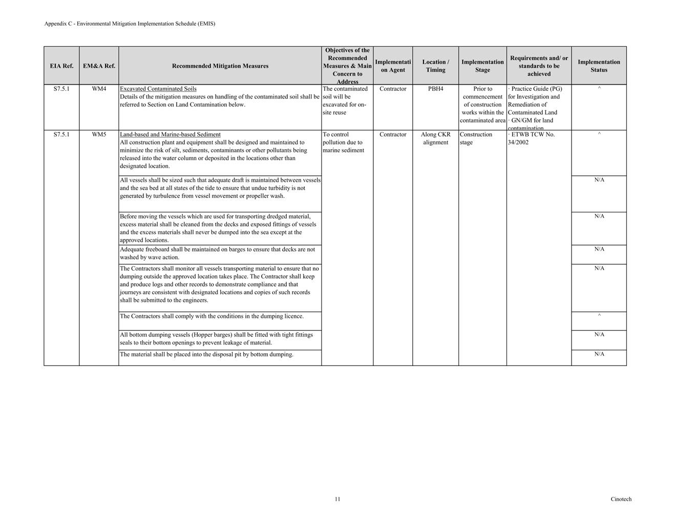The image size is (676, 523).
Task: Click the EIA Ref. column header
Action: click(x=61, y=66)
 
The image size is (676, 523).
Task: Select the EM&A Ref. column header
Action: click(x=99, y=66)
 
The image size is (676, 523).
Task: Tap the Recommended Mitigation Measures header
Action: click(x=220, y=66)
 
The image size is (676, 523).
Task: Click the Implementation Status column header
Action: click(x=599, y=66)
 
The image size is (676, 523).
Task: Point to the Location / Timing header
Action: click(x=436, y=66)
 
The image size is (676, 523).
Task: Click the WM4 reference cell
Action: click(x=99, y=89)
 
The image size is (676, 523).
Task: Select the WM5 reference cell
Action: click(x=99, y=135)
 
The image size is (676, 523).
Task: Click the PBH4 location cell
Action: click(x=436, y=89)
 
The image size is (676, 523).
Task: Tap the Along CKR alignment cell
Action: click(x=436, y=138)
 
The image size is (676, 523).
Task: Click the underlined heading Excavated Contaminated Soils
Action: click(x=158, y=89)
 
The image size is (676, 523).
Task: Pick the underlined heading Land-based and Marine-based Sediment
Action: click(x=170, y=135)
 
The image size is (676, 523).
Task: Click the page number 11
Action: click(x=337, y=499)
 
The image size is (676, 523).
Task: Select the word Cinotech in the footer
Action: click(x=621, y=499)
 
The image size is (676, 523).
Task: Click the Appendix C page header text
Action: click(x=130, y=24)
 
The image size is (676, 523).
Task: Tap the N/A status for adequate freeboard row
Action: click(x=599, y=250)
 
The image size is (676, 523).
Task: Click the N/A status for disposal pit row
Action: click(x=599, y=354)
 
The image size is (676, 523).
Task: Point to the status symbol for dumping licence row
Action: click(x=599, y=316)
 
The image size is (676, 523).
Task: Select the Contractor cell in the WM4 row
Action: click(x=393, y=89)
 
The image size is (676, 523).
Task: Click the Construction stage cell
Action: click(x=476, y=138)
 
